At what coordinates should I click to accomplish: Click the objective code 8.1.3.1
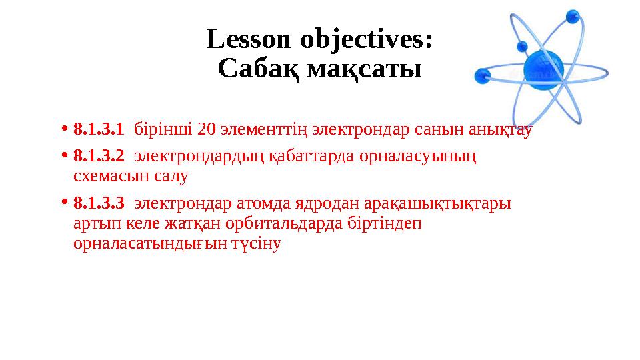click(x=99, y=128)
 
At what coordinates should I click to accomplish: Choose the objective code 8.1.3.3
click(x=99, y=203)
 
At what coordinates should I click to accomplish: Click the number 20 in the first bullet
click(x=207, y=128)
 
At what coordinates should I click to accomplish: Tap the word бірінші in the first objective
click(x=164, y=128)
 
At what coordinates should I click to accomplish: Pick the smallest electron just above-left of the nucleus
click(x=522, y=47)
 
